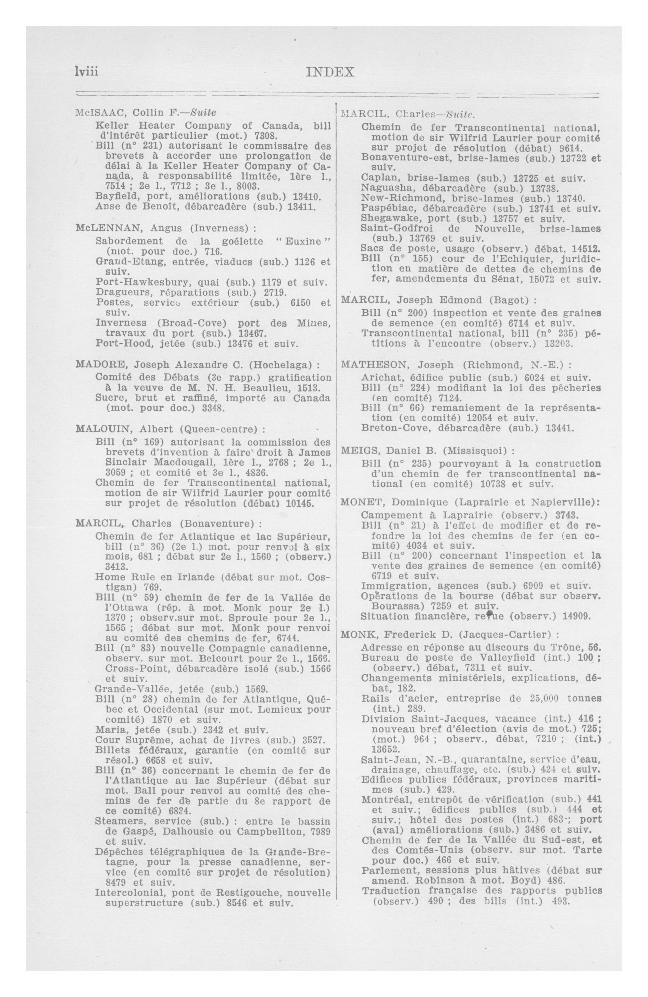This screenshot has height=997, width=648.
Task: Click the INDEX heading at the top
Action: (x=330, y=72)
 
